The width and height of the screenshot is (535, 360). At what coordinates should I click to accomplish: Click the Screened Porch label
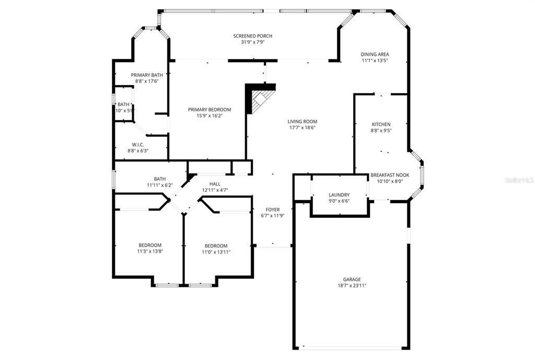[x=252, y=36]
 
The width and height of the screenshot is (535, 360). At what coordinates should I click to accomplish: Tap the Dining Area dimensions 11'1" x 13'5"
[x=375, y=61]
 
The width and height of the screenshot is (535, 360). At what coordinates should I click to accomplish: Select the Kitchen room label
[x=381, y=124]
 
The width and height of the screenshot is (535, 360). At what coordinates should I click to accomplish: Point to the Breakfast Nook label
[x=390, y=175]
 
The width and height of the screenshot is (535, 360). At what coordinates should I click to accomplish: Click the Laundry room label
[x=339, y=195]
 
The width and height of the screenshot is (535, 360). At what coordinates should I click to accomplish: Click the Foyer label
[x=272, y=210]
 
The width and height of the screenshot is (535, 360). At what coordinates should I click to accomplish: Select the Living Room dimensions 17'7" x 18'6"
[x=302, y=127]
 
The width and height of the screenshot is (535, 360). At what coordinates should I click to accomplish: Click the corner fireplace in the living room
[x=260, y=99]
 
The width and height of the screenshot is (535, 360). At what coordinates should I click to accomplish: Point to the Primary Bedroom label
[x=209, y=110]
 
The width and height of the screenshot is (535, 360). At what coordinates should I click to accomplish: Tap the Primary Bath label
[x=147, y=75]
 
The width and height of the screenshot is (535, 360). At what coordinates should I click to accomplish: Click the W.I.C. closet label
[x=138, y=144]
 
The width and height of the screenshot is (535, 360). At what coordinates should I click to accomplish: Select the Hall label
[x=215, y=184]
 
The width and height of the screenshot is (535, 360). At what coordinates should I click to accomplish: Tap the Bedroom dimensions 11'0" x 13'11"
[x=216, y=252]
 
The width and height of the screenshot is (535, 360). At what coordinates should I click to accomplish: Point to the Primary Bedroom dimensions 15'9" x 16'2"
[x=209, y=116]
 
